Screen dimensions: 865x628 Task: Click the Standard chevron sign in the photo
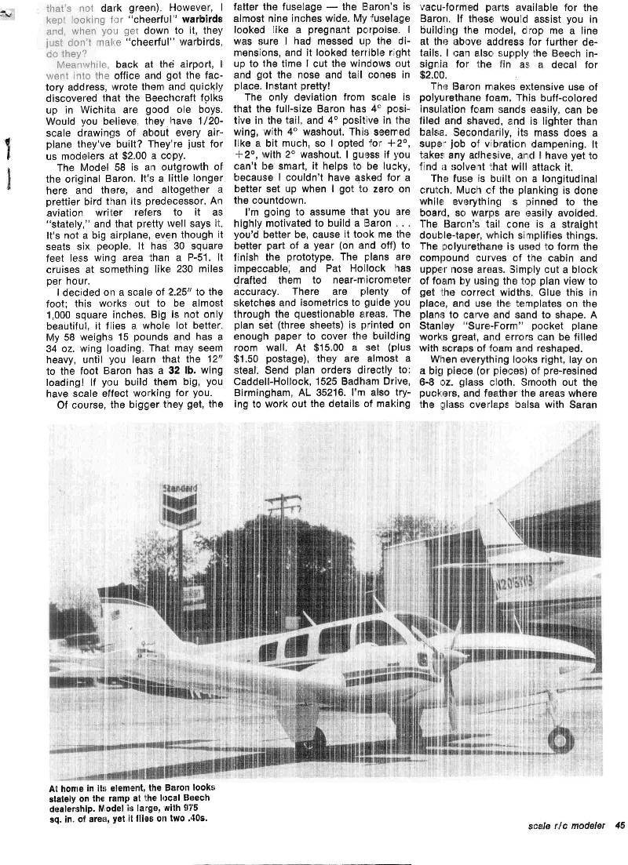pos(179,505)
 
